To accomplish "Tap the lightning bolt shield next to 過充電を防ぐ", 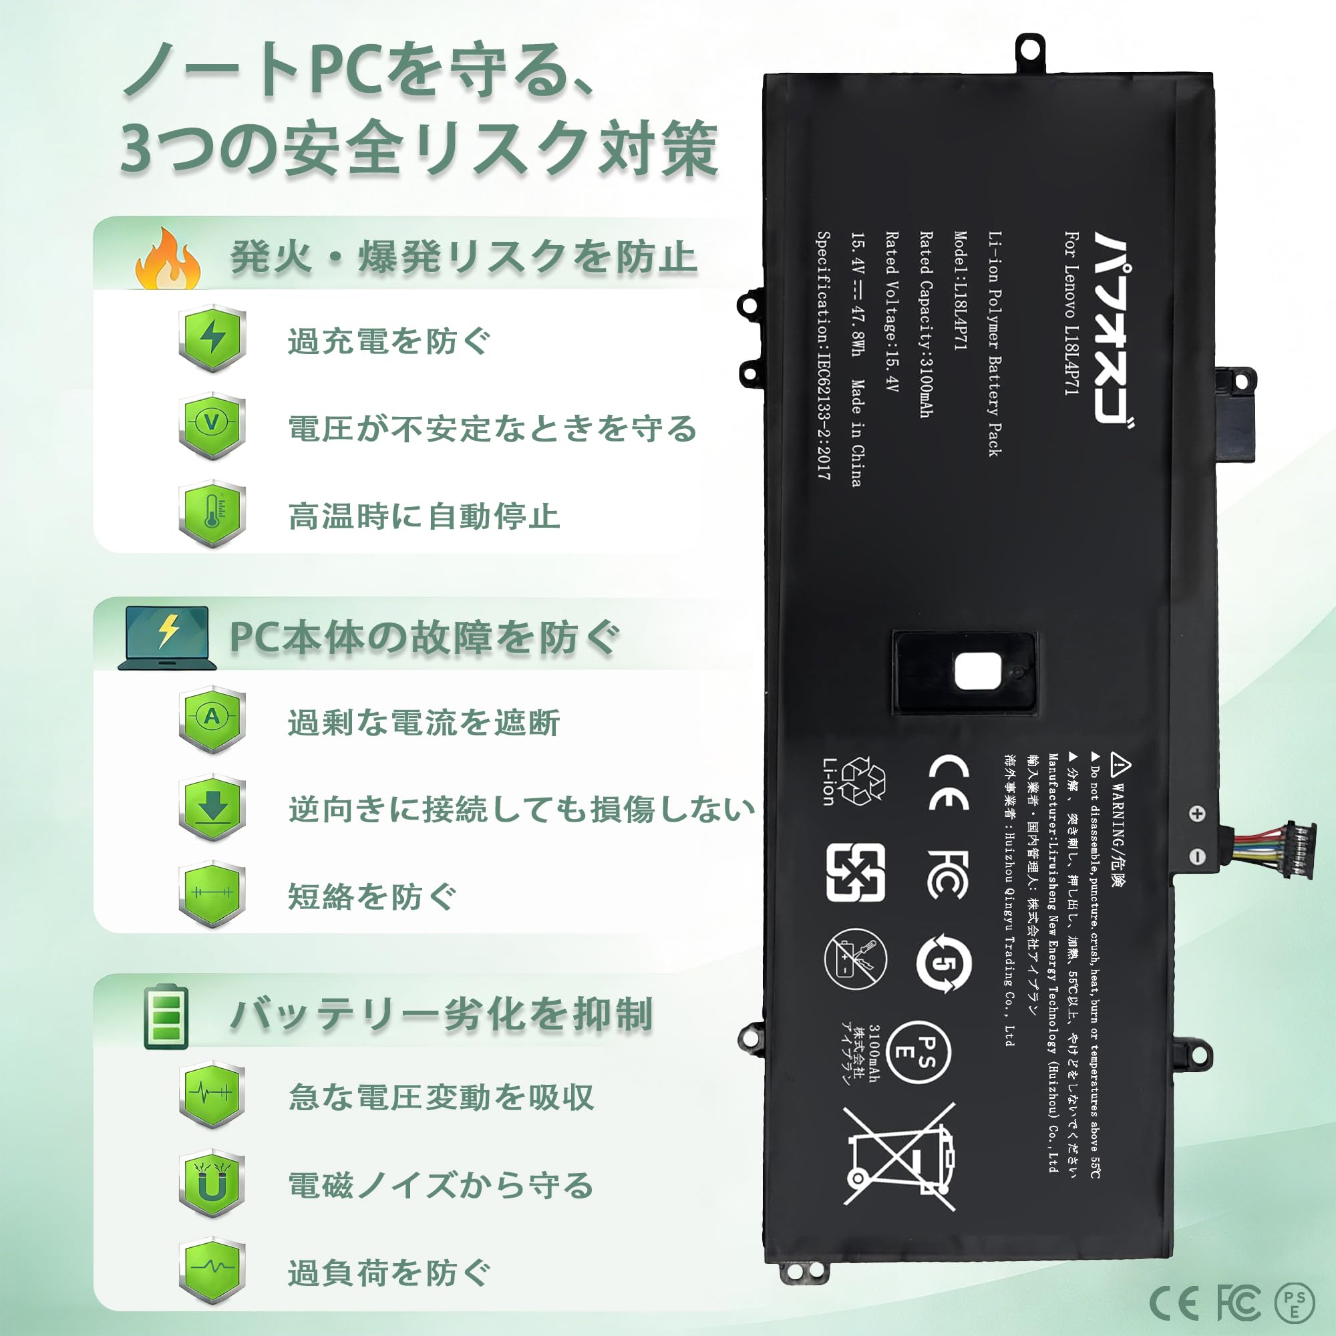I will pyautogui.click(x=212, y=338).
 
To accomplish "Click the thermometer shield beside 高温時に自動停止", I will pyautogui.click(x=212, y=513).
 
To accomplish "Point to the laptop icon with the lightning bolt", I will pyautogui.click(x=166, y=637).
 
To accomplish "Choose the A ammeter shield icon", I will pyautogui.click(x=212, y=719).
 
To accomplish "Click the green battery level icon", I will pyautogui.click(x=166, y=1017).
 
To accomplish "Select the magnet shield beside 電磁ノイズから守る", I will pyautogui.click(x=212, y=1184).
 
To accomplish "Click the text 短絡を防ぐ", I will pyautogui.click(x=372, y=897).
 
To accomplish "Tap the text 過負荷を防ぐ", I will pyautogui.click(x=389, y=1273).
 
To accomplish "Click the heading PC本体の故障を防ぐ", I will pyautogui.click(x=424, y=637).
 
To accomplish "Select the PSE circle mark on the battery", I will pyautogui.click(x=919, y=1052).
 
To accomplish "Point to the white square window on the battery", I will pyautogui.click(x=977, y=671).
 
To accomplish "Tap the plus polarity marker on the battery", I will pyautogui.click(x=1196, y=813).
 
